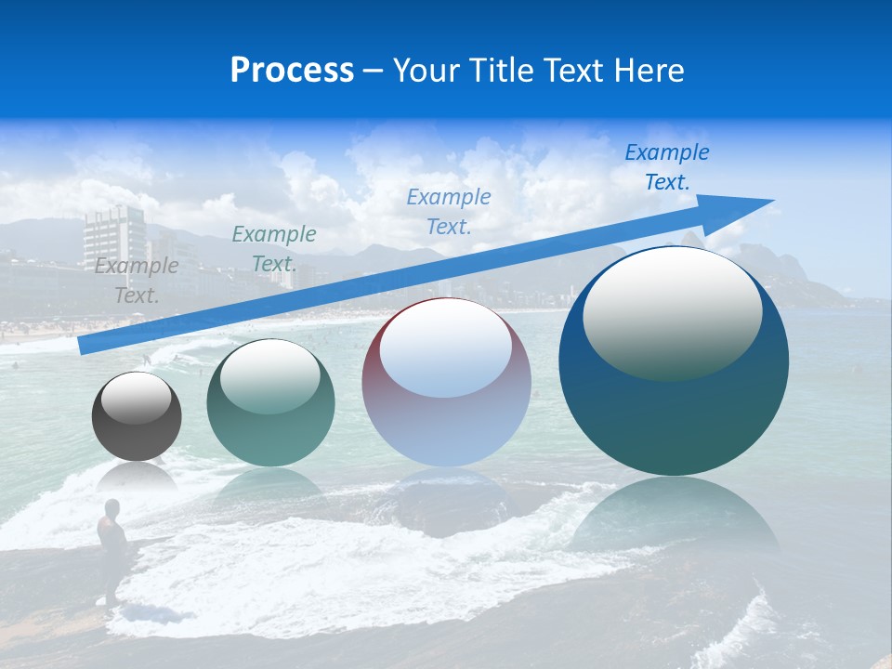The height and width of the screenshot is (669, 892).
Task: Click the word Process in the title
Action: point(292,71)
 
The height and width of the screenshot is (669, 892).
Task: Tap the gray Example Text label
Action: point(137,281)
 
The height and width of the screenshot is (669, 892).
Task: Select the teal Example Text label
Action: point(274,249)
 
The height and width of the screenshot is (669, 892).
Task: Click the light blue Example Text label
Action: point(449,211)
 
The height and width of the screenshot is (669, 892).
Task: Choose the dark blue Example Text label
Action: point(667,167)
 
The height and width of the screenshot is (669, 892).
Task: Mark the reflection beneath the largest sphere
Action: point(674,520)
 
